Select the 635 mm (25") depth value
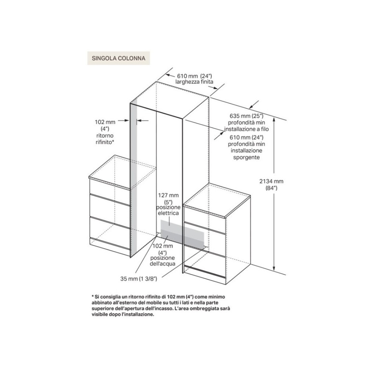pos(247,116)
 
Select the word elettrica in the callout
pos(167,214)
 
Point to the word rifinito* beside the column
pos(102,142)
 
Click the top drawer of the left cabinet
pos(110,187)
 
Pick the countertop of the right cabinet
pos(218,201)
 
